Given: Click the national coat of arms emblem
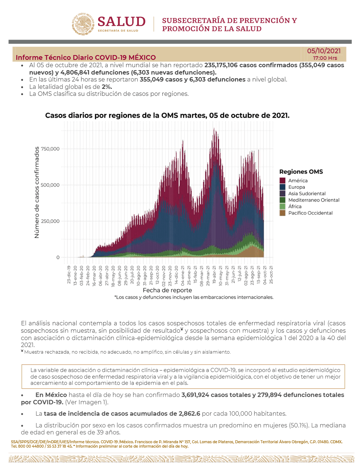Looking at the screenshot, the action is point(83,24).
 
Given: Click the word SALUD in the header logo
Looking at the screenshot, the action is point(122,22).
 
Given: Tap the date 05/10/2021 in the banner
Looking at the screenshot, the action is point(324,51).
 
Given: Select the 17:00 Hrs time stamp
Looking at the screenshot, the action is point(325,58).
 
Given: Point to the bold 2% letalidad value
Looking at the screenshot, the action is point(107,87).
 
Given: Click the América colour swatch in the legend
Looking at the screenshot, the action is point(282,180).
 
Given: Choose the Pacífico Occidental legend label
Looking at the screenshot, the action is point(310,213).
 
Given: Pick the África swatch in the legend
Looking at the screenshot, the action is point(282,206).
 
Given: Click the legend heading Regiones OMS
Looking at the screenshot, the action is point(301,171).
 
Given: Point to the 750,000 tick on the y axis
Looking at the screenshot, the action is point(50,149).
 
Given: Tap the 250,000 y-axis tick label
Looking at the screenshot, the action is point(50,221).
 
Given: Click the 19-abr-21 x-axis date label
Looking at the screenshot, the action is point(214,275).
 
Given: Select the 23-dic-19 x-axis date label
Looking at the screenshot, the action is point(69,275).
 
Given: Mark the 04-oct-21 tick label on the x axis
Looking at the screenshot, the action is point(265,275).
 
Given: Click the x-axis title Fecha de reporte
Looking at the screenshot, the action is point(168,290).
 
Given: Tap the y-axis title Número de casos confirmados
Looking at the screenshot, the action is point(37,192).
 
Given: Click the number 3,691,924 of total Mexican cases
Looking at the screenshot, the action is point(195,395).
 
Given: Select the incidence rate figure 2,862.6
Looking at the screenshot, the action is point(189,413).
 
